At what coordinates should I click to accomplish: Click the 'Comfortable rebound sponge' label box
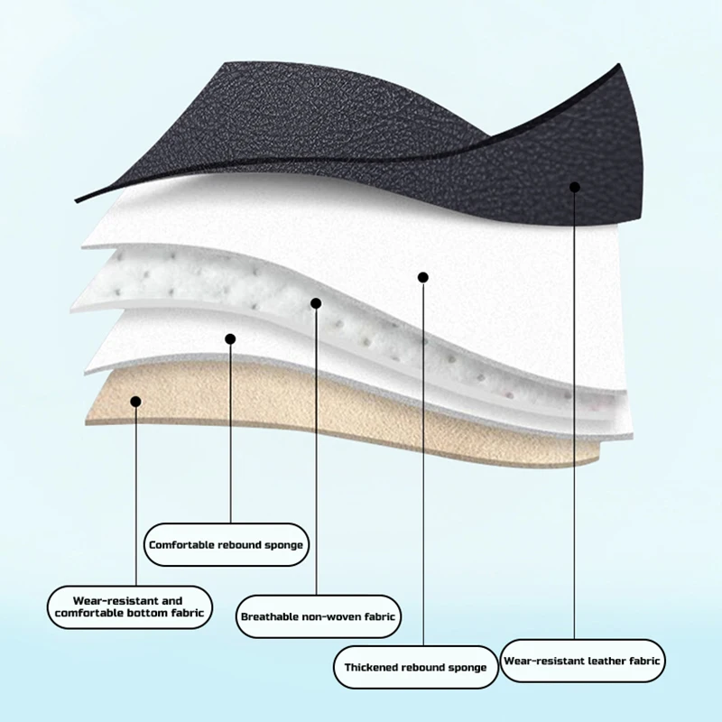(x=226, y=544)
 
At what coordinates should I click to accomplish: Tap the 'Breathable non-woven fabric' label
(x=319, y=617)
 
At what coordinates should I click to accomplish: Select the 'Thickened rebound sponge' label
(x=415, y=667)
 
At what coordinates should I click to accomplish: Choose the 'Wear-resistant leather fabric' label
(x=582, y=661)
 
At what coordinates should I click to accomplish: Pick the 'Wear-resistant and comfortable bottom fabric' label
(x=130, y=606)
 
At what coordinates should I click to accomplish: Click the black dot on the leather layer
(x=575, y=186)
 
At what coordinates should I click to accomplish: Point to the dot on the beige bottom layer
(x=134, y=401)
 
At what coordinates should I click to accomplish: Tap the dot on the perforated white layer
(x=316, y=303)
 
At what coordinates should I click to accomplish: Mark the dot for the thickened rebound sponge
(x=422, y=277)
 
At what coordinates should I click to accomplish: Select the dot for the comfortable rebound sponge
(x=230, y=339)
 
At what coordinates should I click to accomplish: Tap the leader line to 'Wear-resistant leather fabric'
(x=575, y=406)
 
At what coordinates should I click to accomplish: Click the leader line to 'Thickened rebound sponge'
(x=422, y=451)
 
